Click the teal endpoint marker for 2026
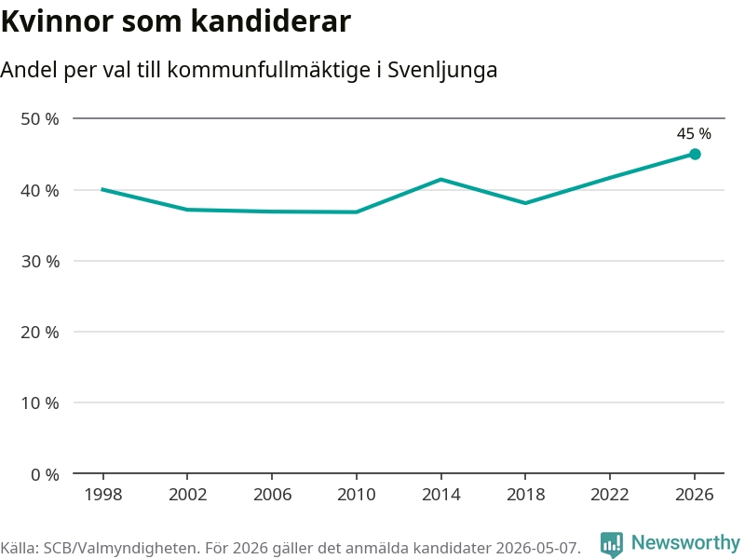pos(695,154)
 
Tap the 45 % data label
pos(694,133)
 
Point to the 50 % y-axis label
pos(40,119)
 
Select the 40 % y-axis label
pos(40,191)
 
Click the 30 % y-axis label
pos(40,262)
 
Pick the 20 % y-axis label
pos(40,333)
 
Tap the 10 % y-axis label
pos(40,403)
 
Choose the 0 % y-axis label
pos(45,474)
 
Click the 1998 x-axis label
pos(103,495)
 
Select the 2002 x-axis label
pos(188,495)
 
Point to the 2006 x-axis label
pos(272,495)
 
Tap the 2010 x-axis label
pos(357,495)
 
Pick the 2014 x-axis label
pos(440,495)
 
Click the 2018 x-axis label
pos(525,495)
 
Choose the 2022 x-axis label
pos(610,495)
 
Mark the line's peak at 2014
pos(440,179)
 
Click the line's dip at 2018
pos(525,203)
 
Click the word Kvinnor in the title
pos(58,21)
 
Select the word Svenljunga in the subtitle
pos(442,71)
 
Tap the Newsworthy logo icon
pos(612,544)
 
